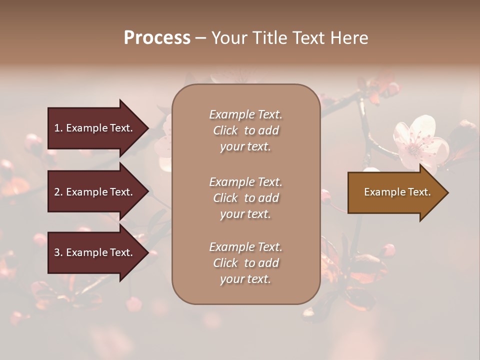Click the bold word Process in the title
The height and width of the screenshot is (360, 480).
[157, 38]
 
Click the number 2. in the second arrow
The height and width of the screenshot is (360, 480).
[58, 192]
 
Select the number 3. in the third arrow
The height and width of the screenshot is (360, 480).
[58, 252]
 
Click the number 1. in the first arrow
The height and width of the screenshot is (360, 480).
[58, 128]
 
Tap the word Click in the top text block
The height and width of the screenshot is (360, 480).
[225, 130]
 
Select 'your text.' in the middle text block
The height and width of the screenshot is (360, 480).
[245, 214]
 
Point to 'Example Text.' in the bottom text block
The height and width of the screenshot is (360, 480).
[245, 247]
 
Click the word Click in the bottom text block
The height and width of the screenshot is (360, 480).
[225, 263]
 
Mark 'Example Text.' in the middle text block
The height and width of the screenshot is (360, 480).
[245, 182]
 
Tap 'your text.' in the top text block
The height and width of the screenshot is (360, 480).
[245, 147]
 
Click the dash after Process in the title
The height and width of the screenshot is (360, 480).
[201, 38]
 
